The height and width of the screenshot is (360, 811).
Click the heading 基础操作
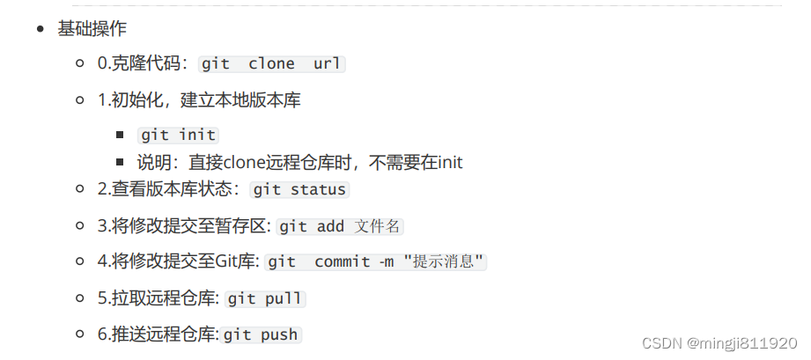click(92, 30)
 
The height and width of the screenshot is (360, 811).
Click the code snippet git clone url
click(271, 64)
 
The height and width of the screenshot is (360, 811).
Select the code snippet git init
click(179, 136)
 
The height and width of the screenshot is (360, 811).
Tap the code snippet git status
click(299, 190)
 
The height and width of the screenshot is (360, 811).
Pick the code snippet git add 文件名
click(340, 226)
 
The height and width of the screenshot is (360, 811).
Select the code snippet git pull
click(264, 298)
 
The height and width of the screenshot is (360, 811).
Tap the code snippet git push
click(262, 334)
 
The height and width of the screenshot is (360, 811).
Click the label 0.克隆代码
click(141, 64)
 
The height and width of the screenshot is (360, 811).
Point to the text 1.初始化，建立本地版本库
click(199, 100)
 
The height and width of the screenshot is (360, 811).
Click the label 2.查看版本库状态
click(166, 190)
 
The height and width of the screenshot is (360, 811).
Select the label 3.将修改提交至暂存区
click(184, 226)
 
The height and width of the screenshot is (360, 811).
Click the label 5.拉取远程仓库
click(159, 298)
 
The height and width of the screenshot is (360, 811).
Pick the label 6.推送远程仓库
click(158, 334)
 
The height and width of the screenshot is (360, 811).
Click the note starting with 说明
click(299, 163)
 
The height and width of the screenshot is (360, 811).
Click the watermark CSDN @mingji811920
click(719, 342)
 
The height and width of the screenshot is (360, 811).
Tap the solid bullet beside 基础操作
click(41, 30)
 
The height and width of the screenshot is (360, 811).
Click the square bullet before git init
click(120, 136)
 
